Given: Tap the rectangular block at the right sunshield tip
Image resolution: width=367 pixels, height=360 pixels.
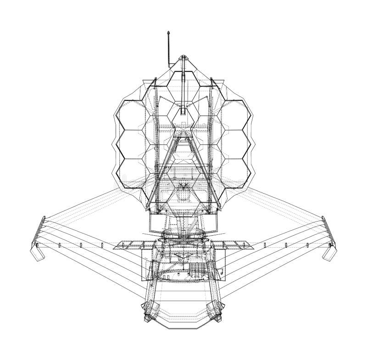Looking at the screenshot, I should click(330, 252).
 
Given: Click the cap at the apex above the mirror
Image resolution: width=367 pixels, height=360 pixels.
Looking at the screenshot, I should click(183, 58).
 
